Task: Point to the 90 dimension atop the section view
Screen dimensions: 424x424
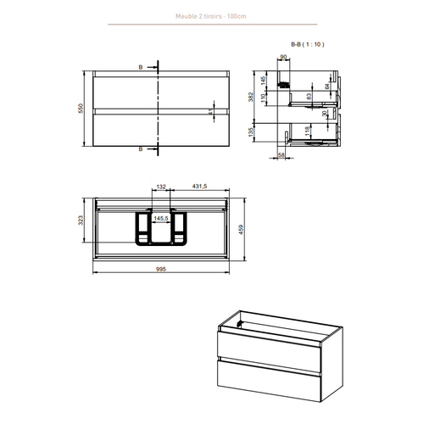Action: click(284, 59)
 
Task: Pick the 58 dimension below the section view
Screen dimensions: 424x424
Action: click(282, 155)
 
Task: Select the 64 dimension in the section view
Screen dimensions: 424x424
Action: click(326, 85)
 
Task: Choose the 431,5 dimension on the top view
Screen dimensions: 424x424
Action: click(200, 188)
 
